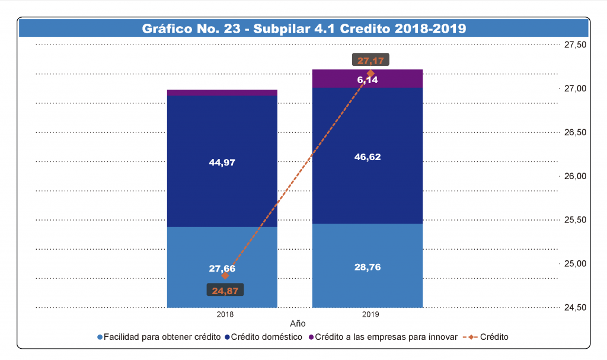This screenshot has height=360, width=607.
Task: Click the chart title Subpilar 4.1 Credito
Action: [303, 28]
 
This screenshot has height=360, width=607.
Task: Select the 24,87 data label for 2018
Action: [225, 290]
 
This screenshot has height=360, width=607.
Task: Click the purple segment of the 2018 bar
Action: [222, 93]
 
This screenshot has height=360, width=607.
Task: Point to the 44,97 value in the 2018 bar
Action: [222, 163]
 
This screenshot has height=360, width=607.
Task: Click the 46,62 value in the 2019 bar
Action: [368, 157]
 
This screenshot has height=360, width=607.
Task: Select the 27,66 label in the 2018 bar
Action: [222, 268]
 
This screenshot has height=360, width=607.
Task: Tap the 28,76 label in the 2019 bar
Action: [368, 267]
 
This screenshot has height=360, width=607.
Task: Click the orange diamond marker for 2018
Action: [225, 276]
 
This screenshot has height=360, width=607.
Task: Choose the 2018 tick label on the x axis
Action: [225, 314]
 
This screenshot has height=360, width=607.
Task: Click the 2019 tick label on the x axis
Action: [370, 314]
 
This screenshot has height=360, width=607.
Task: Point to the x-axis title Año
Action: [298, 324]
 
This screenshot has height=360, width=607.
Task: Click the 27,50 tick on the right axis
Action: [574, 45]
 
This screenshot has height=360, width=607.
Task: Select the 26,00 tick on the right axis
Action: [574, 176]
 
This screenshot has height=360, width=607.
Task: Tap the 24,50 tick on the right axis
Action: [574, 307]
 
